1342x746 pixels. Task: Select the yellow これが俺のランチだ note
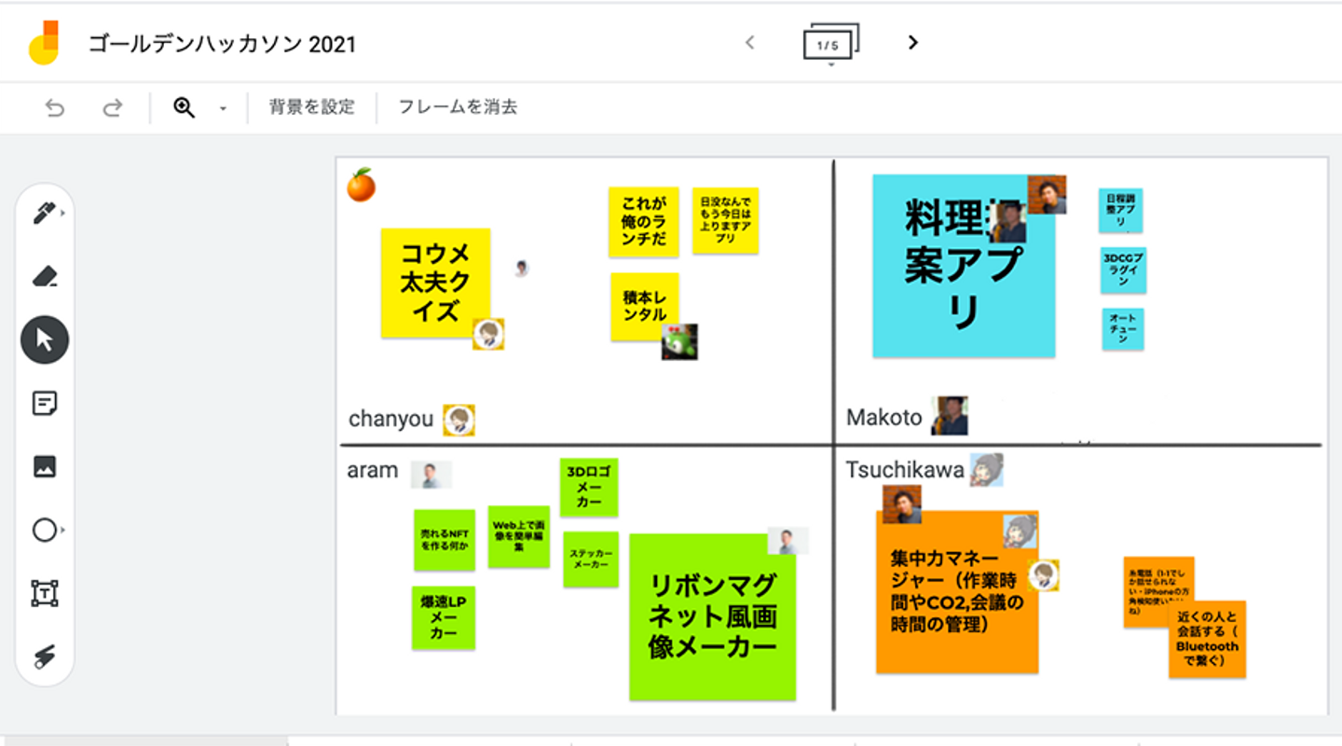(643, 221)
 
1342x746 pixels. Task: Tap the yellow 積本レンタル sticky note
(643, 304)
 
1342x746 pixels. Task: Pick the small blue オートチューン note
(1122, 329)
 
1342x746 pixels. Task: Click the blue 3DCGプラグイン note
(1123, 269)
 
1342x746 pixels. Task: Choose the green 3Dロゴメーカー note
(588, 486)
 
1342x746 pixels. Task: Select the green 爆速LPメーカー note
(443, 617)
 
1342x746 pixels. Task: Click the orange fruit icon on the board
(361, 186)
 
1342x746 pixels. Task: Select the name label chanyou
(390, 420)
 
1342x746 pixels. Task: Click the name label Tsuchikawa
(904, 470)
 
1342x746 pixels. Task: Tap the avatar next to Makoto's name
(950, 416)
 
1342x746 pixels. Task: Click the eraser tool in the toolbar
(45, 276)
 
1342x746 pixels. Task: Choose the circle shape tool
(45, 531)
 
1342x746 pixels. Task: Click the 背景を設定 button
(311, 107)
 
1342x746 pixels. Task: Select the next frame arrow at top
(913, 43)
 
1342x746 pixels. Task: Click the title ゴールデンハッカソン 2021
(222, 44)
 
